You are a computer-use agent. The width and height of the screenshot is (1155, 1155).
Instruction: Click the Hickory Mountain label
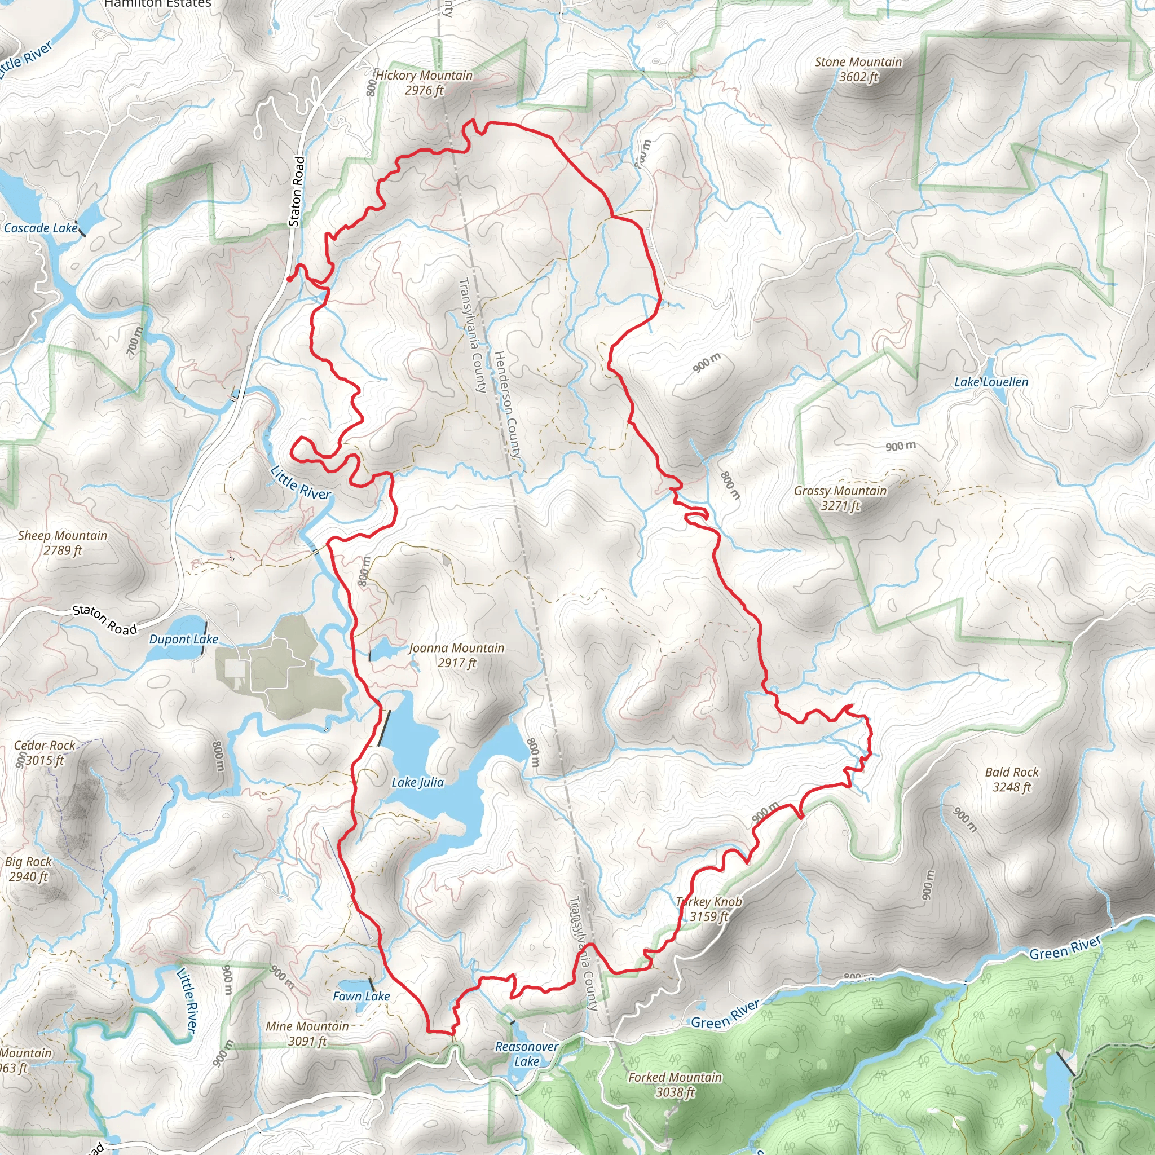click(424, 82)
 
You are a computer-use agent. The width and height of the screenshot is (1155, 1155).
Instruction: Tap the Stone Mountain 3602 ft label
click(858, 69)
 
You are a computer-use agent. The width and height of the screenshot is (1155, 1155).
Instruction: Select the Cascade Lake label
click(41, 228)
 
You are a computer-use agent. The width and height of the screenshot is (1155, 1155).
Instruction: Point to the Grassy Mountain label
click(840, 498)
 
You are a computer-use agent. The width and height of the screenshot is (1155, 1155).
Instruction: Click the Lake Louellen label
click(991, 382)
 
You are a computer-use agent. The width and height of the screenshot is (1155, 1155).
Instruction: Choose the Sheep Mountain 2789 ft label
click(63, 543)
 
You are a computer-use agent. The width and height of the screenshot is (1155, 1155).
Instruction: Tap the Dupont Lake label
click(183, 639)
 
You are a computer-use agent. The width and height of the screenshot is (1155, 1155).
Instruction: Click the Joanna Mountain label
click(457, 655)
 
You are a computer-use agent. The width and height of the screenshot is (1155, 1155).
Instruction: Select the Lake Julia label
click(418, 782)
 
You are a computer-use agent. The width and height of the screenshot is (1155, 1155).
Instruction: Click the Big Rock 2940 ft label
click(28, 869)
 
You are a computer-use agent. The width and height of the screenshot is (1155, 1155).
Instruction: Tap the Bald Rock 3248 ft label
click(1012, 779)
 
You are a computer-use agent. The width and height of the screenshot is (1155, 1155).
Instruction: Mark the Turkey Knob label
click(709, 909)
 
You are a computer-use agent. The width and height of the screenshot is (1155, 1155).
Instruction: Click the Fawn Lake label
click(361, 996)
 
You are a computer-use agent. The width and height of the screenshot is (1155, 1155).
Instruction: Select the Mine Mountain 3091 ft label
click(307, 1034)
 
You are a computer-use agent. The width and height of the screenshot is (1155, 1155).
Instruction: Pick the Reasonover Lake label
click(527, 1054)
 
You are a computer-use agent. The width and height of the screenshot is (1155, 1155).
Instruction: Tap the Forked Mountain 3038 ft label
click(675, 1085)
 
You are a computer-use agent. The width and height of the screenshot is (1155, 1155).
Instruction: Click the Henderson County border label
click(508, 405)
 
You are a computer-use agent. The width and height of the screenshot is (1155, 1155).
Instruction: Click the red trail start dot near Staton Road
click(289, 279)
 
